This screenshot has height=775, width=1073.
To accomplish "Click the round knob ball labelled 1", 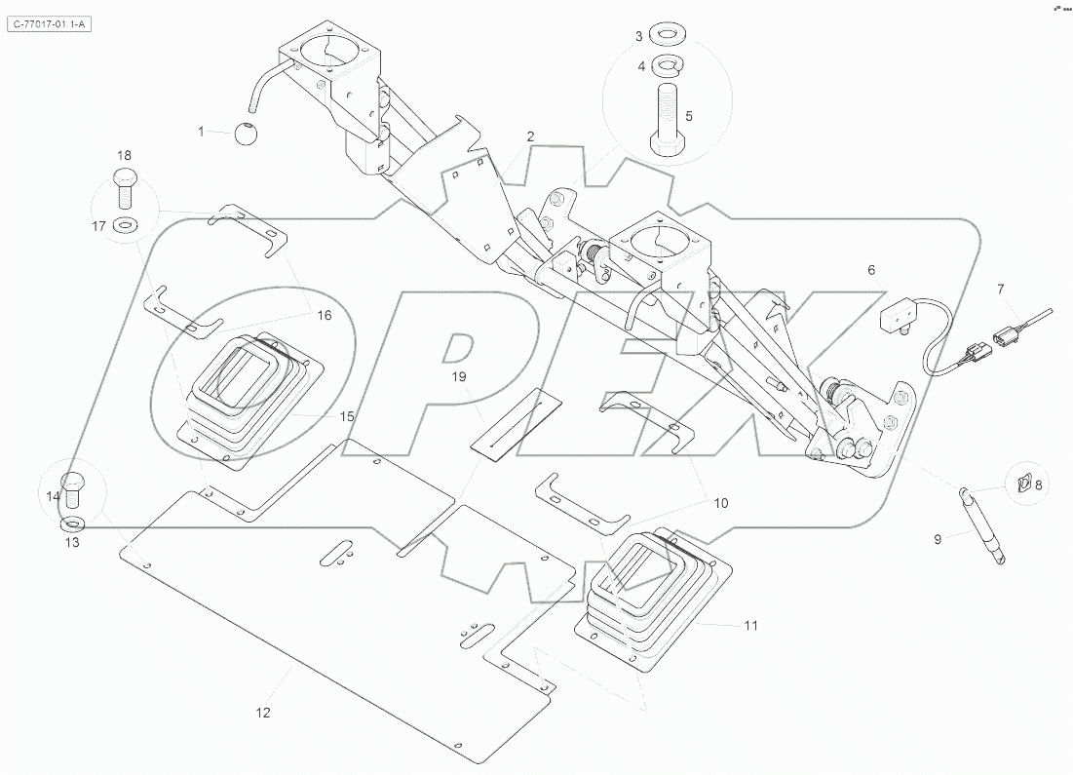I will [247, 132].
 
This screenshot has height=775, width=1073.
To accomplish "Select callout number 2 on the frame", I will [530, 137].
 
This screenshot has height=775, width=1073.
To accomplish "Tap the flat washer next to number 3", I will [668, 36].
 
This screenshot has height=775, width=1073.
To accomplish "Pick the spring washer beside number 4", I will [668, 66].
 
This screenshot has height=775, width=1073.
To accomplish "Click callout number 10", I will [721, 504].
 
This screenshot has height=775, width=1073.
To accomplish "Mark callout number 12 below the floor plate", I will [262, 713].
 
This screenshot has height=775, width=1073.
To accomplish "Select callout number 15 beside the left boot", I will [347, 416].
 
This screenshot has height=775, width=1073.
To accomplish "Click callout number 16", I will [324, 315].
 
